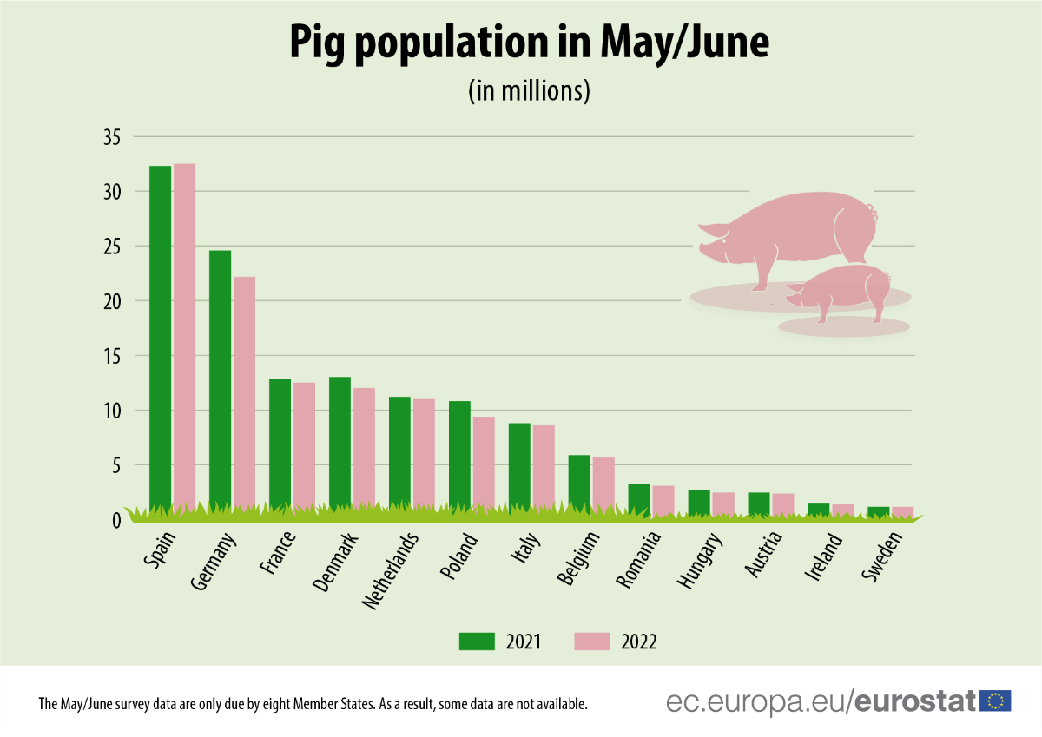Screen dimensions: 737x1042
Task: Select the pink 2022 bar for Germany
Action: pos(244,391)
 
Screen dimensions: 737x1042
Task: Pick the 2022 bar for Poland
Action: pos(484,460)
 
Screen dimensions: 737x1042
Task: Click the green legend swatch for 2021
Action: pos(477,642)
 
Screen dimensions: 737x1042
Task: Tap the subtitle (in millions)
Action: pos(529,91)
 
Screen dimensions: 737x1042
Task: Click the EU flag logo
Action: pos(995,701)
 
